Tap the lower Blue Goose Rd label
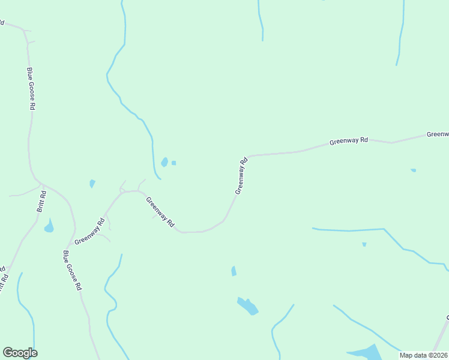coord(72,270)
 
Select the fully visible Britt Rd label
coord(41,202)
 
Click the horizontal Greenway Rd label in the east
coord(348,142)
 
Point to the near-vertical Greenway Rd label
coord(241,176)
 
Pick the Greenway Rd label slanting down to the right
coord(160,212)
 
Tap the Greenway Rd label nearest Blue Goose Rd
coord(89,231)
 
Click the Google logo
coord(20,353)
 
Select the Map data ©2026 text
coord(423,355)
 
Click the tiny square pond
coord(173,163)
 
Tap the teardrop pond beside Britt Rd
coord(49,226)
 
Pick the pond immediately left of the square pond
coord(164,162)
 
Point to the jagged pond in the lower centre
coord(247,306)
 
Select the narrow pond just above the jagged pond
coord(234,271)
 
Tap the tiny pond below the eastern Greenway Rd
coord(413,170)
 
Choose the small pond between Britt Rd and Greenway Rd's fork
coord(92,184)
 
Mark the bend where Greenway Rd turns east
coord(248,156)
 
